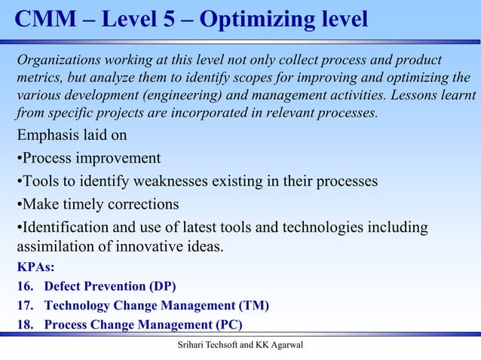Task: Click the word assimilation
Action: click(x=54, y=246)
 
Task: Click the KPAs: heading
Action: click(x=35, y=267)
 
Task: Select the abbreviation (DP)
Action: click(x=163, y=286)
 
